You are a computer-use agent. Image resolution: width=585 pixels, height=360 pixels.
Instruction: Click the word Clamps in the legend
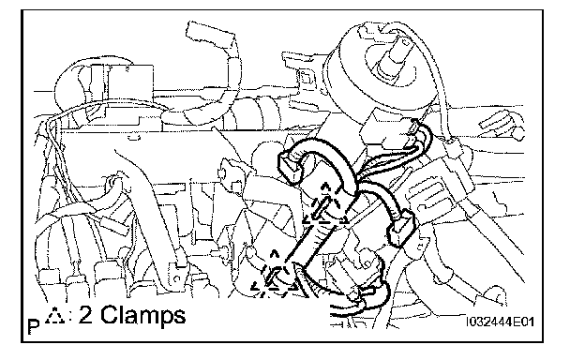tap(142, 316)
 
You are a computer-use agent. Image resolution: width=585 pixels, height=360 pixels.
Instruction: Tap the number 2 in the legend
tap(85, 314)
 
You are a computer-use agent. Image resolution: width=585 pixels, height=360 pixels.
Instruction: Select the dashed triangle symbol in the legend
tap(54, 316)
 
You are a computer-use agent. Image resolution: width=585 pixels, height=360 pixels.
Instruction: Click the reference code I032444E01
tap(500, 322)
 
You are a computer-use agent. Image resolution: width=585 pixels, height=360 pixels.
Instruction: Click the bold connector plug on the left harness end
tap(290, 167)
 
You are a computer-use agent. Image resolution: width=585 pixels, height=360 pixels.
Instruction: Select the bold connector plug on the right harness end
tap(402, 228)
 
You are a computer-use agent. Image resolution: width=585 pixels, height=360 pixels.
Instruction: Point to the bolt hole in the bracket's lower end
tap(177, 278)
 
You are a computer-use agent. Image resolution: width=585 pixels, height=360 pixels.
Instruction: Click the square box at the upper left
tap(130, 84)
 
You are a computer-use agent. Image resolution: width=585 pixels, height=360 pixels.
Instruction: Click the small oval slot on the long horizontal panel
tap(133, 138)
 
